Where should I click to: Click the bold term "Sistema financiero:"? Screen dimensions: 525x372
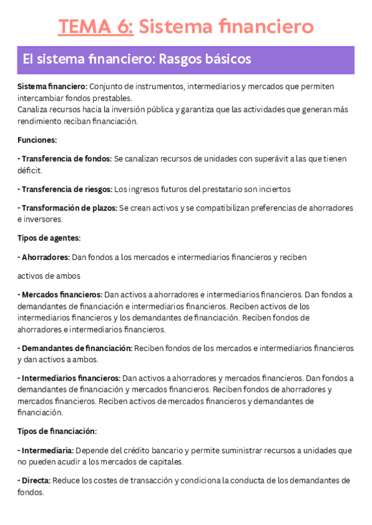pos(52,86)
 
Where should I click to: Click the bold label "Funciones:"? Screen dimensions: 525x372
pos(37,140)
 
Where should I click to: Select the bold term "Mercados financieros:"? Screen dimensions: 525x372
pos(61,294)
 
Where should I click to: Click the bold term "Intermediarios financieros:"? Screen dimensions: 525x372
pos(69,378)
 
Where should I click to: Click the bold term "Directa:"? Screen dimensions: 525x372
pos(36,480)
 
